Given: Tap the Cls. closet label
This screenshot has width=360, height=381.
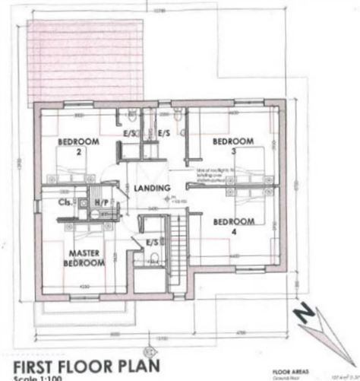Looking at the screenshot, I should point(65,203).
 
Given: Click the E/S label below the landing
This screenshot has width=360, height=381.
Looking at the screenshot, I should point(152,243).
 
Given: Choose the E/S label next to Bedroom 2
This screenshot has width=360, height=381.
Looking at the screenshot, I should point(130,133).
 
